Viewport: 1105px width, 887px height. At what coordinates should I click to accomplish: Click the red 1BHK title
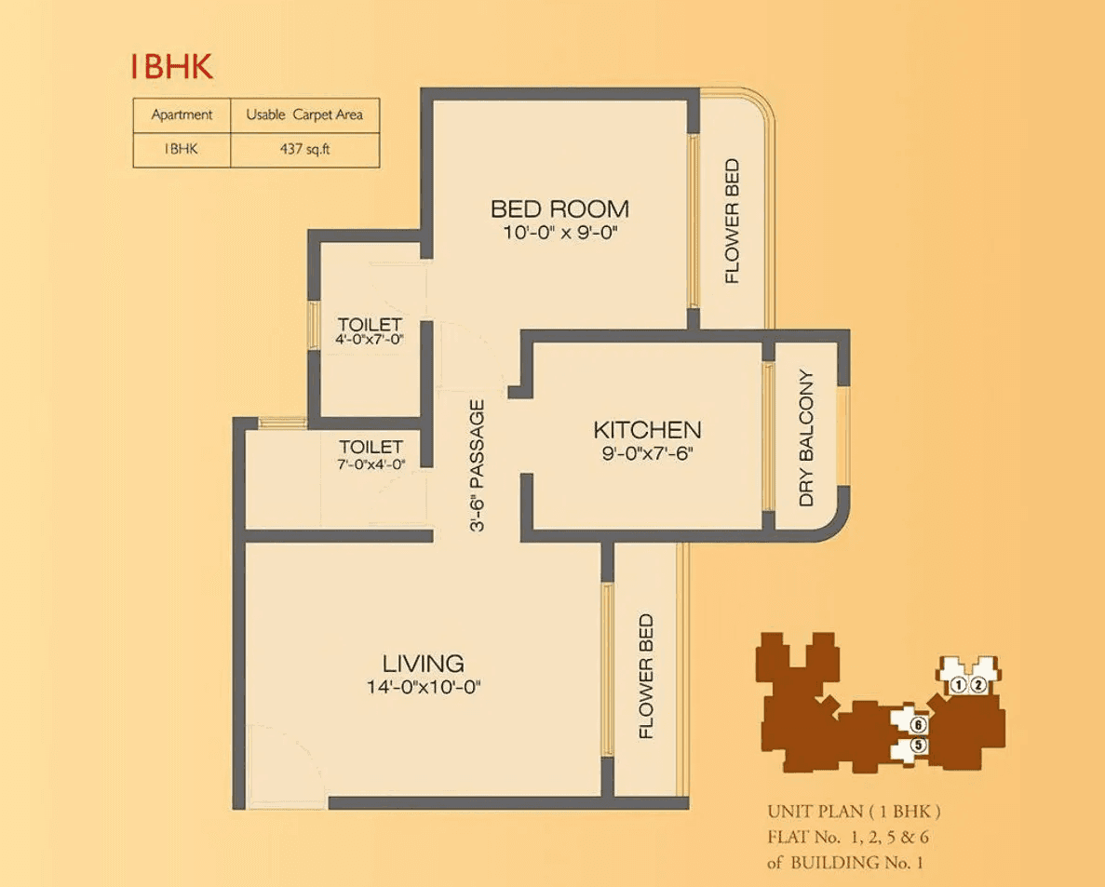click(171, 67)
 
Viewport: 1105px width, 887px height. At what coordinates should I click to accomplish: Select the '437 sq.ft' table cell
click(304, 148)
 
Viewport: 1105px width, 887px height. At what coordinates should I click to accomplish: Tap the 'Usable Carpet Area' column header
click(304, 115)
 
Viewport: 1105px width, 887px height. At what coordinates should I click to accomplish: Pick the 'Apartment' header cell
click(182, 115)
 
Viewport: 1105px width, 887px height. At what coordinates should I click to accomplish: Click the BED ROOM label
click(559, 208)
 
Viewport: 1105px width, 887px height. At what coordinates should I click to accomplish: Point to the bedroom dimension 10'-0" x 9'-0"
click(560, 233)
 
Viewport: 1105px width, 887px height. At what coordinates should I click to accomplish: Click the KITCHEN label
click(647, 430)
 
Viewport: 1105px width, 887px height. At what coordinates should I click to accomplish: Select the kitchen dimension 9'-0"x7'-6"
click(647, 454)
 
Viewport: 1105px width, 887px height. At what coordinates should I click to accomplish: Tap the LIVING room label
click(424, 664)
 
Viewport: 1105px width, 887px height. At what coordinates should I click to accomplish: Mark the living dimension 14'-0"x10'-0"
click(424, 688)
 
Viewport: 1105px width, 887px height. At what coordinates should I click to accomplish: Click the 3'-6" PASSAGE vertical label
click(477, 465)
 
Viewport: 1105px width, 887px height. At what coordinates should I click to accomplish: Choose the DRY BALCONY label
click(806, 438)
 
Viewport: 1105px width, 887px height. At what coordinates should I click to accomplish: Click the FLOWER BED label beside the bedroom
click(733, 221)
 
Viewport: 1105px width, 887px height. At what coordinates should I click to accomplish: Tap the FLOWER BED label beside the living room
click(647, 677)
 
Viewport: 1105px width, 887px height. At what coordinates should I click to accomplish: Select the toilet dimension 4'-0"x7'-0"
click(370, 340)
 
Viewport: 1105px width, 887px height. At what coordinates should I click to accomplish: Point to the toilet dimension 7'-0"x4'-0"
click(371, 464)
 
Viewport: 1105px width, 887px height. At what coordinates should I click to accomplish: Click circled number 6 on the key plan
click(918, 724)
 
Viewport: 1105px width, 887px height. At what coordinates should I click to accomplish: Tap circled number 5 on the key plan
click(918, 745)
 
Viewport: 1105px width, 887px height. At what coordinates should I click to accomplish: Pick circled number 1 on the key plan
click(958, 686)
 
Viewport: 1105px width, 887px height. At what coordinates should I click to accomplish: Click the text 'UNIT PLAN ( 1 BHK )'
click(860, 811)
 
